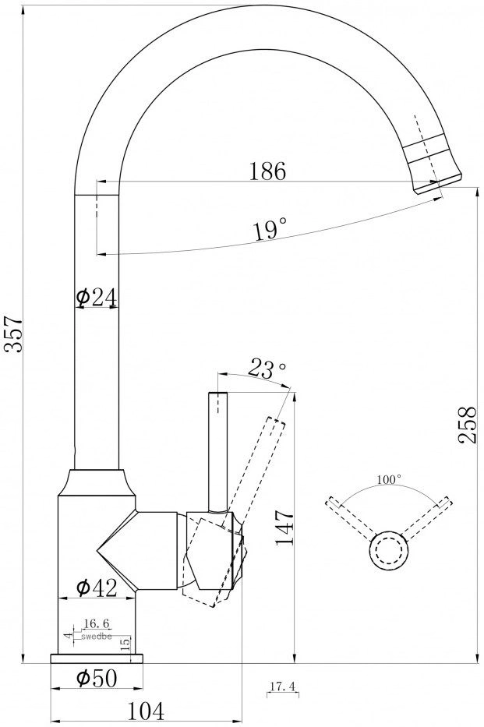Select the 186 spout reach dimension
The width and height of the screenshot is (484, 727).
268,171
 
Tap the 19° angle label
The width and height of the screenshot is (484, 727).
270,230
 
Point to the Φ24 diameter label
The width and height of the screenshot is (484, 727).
97,297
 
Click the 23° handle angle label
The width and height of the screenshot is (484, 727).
267,369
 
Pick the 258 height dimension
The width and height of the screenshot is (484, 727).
468,425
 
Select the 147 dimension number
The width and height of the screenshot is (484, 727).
284,528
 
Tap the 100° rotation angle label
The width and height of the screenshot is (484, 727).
388,479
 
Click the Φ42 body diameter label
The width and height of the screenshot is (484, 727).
97,588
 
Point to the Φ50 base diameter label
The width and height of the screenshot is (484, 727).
97,679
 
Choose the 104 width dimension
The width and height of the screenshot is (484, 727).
146,711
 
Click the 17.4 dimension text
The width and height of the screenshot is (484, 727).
283,686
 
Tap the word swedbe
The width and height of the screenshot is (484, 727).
97,637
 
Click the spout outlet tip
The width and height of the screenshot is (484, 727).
438,185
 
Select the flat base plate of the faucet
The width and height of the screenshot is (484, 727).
97,658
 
